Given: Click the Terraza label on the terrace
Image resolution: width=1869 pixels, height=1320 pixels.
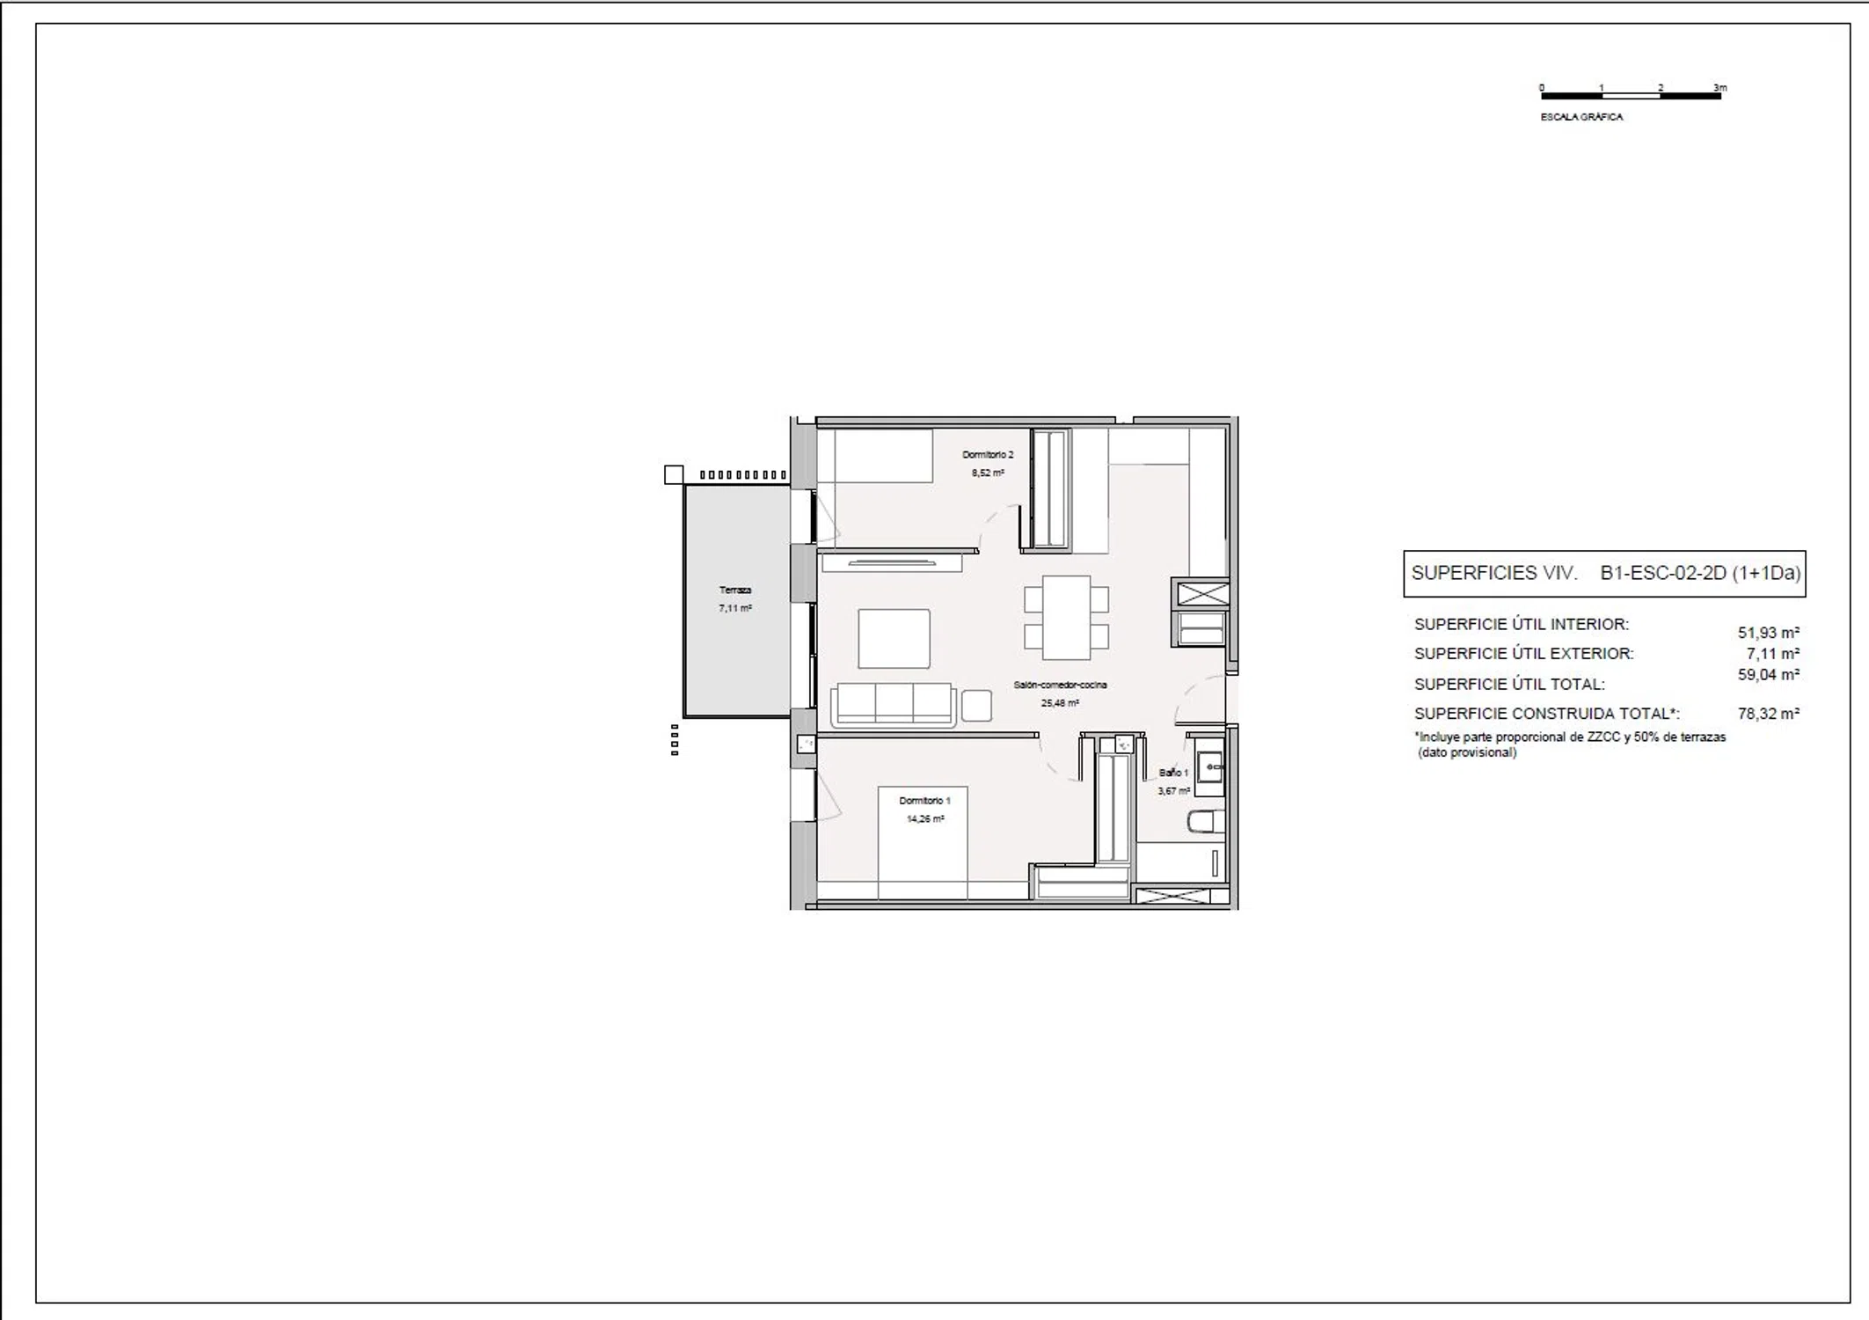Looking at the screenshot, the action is [735, 590].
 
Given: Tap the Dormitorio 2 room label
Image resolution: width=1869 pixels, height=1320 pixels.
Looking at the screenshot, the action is [988, 455].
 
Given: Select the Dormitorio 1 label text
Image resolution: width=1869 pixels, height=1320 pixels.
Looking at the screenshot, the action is [924, 801].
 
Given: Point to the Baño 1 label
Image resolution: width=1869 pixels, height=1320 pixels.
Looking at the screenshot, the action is [1173, 773].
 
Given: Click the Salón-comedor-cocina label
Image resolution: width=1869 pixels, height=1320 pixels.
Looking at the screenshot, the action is [1060, 685].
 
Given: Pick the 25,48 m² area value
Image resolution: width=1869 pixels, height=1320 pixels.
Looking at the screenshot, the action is [1060, 703].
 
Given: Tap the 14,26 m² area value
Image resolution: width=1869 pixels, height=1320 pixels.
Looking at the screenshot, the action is [925, 819].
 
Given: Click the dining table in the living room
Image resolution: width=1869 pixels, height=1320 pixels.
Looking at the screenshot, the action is [1066, 618].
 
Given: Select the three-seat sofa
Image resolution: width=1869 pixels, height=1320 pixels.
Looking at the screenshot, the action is [894, 705].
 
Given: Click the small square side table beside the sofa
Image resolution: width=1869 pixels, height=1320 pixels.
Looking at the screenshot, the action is [976, 706].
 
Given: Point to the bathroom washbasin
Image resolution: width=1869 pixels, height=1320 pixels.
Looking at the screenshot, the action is [1210, 767].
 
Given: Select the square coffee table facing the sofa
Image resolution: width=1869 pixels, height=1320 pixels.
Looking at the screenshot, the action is [894, 639].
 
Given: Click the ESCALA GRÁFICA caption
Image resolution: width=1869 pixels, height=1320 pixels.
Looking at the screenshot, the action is [1581, 117].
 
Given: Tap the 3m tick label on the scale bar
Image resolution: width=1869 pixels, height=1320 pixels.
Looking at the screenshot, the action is [1720, 88].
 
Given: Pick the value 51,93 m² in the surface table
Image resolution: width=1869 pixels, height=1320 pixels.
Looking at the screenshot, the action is [1769, 633].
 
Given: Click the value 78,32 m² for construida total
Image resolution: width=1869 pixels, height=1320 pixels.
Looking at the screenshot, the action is [1769, 714].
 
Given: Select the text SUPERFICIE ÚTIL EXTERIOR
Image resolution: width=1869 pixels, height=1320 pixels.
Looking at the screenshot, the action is [1524, 654].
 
